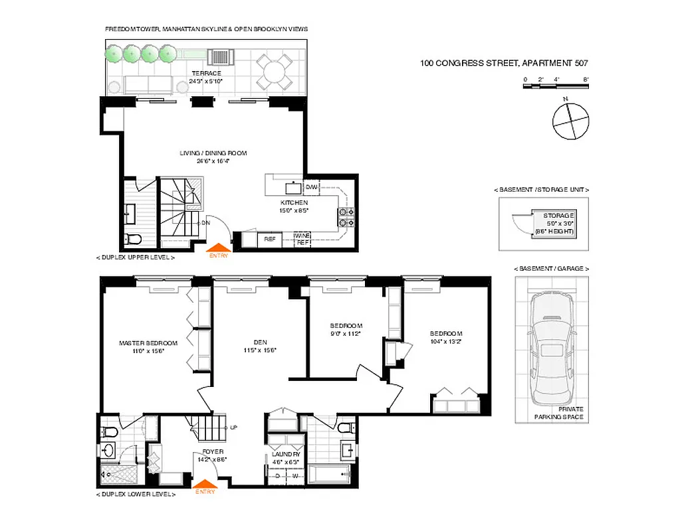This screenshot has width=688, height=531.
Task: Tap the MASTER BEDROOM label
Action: click(148, 343)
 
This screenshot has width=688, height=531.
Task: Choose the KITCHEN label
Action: click(293, 202)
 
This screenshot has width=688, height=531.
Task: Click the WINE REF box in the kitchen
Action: click(303, 239)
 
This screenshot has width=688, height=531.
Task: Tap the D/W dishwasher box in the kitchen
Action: click(311, 187)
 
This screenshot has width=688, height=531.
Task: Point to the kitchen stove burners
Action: click(347, 214)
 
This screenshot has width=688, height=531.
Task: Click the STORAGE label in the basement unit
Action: click(558, 216)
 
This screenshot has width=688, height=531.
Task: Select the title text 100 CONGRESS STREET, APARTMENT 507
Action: click(504, 64)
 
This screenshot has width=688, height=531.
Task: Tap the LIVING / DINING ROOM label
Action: click(213, 153)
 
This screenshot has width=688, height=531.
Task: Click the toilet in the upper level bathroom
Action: click(131, 238)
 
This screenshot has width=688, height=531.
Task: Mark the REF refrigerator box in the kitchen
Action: click(270, 239)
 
